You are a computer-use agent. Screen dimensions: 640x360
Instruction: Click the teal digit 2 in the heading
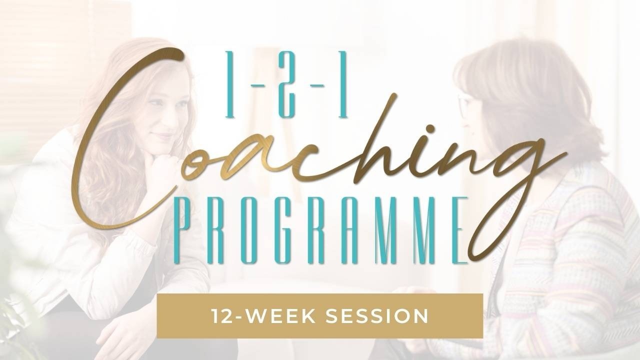pos(286,84)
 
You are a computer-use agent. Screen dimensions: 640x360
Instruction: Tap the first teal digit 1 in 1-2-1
pos(229,84)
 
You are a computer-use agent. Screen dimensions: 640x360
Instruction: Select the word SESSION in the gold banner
pos(377,316)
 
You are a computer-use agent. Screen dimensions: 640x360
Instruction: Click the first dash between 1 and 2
pos(257,85)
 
